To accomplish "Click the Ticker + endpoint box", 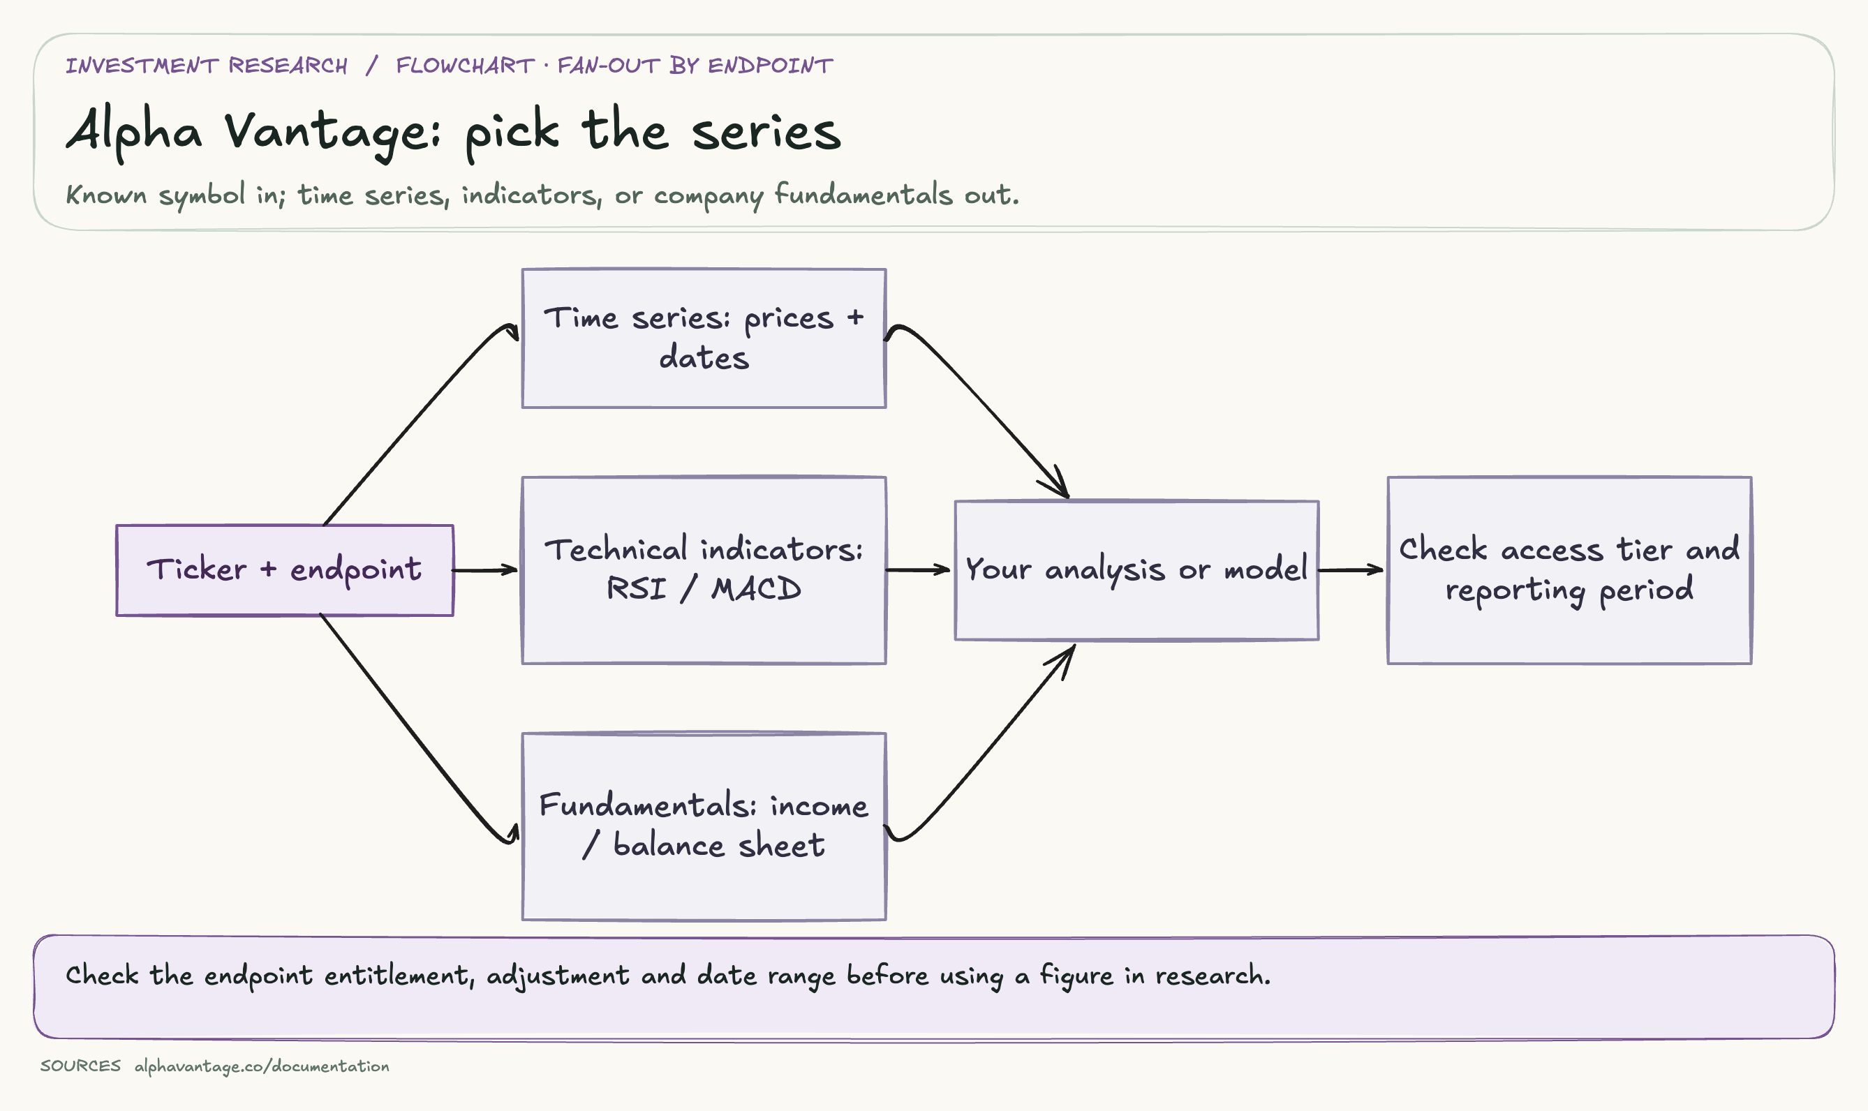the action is click(x=285, y=570).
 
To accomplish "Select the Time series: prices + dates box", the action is click(x=704, y=338).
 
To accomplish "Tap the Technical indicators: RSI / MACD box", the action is click(x=704, y=570).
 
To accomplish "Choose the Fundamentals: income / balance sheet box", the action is click(x=704, y=826).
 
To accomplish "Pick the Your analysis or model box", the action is click(x=1136, y=570).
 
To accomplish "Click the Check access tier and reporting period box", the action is click(x=1569, y=570).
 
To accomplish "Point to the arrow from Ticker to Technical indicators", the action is click(x=485, y=570).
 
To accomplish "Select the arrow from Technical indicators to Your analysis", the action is click(x=918, y=570).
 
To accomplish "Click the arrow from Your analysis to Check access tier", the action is click(x=1351, y=570).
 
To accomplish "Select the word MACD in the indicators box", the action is click(x=756, y=589).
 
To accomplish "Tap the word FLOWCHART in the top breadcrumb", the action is click(x=465, y=66).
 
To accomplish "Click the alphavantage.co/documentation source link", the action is click(x=262, y=1066).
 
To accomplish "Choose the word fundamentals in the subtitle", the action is click(x=863, y=195).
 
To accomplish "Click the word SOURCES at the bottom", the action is click(x=81, y=1066).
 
